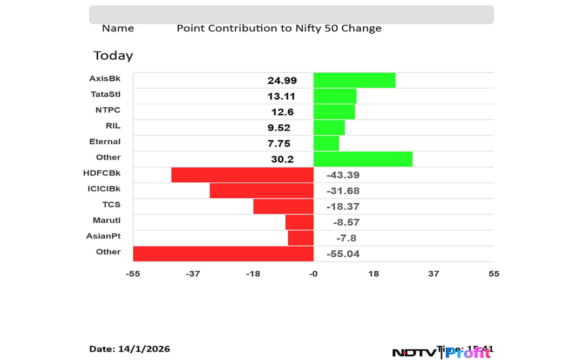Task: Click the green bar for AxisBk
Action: (x=354, y=80)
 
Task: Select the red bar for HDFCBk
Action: (x=242, y=175)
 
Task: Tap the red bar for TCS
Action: (x=283, y=207)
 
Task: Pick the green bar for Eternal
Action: (x=326, y=143)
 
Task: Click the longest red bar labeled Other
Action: (x=223, y=253)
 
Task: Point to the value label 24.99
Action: (x=282, y=81)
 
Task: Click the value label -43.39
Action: (x=343, y=175)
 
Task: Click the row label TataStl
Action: (x=106, y=94)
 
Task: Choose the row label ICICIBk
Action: (x=104, y=189)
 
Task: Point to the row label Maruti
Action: (x=107, y=220)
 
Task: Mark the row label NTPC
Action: (x=108, y=110)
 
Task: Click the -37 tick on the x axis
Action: (x=193, y=274)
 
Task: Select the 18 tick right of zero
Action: (x=374, y=274)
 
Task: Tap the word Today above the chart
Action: (x=113, y=56)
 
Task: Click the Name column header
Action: (x=118, y=29)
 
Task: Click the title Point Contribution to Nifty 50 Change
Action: (x=279, y=29)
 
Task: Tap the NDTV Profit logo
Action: (x=442, y=353)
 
